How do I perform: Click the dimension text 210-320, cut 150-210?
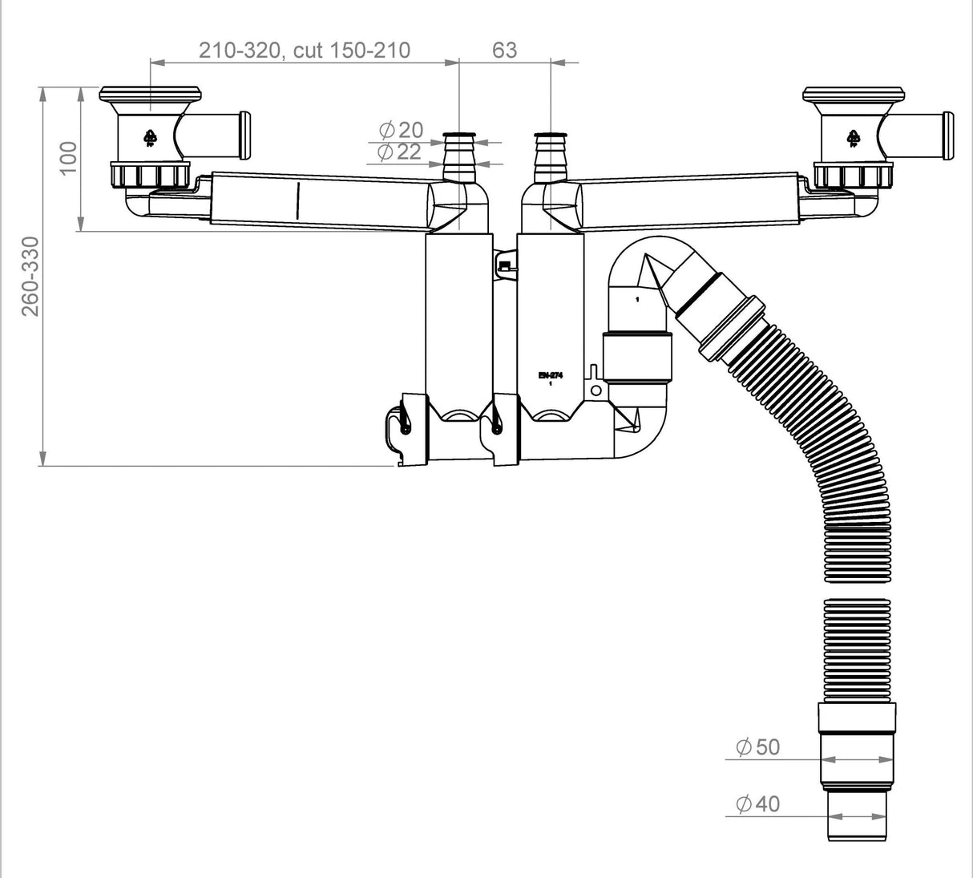(305, 50)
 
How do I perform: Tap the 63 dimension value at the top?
(504, 50)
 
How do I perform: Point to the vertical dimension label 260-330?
(30, 276)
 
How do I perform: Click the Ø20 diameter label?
(399, 129)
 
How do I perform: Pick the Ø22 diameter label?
(399, 152)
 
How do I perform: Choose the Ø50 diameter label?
(757, 747)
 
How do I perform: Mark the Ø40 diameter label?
(757, 803)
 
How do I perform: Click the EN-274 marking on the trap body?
(551, 374)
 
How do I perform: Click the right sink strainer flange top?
(854, 93)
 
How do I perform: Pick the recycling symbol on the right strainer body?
(854, 139)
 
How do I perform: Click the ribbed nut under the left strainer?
(150, 174)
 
